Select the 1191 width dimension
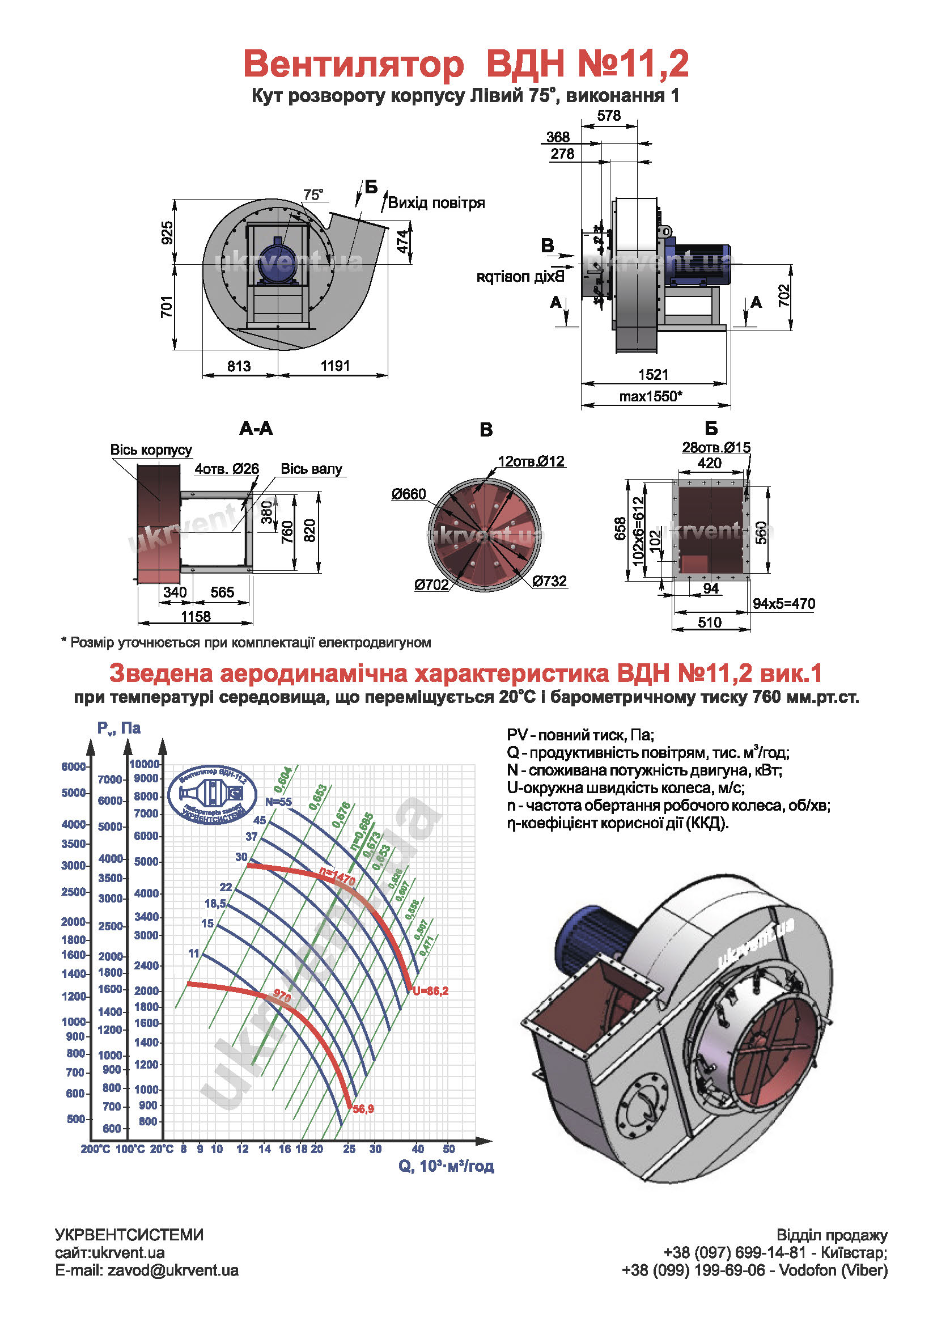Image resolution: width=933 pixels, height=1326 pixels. click(336, 366)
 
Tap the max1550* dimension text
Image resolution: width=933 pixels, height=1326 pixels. click(651, 396)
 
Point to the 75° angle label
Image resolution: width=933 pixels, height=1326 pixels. click(313, 195)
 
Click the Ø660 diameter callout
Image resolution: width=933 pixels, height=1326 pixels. click(408, 494)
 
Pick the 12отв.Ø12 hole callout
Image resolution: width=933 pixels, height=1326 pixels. click(531, 461)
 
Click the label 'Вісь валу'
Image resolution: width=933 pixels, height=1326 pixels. click(311, 468)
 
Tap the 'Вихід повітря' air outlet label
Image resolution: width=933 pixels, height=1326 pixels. click(436, 203)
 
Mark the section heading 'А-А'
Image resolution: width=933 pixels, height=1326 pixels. click(256, 428)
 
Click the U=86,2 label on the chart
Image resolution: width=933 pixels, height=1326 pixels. click(430, 991)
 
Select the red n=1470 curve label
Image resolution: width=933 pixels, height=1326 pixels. click(338, 878)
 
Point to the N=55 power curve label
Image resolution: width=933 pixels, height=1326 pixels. click(278, 802)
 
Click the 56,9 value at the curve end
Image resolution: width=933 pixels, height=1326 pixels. click(363, 1109)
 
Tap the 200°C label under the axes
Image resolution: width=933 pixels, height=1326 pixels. click(95, 1149)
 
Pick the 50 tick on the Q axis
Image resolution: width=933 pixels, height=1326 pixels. click(448, 1149)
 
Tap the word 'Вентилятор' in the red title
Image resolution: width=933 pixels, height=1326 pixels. click(354, 63)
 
